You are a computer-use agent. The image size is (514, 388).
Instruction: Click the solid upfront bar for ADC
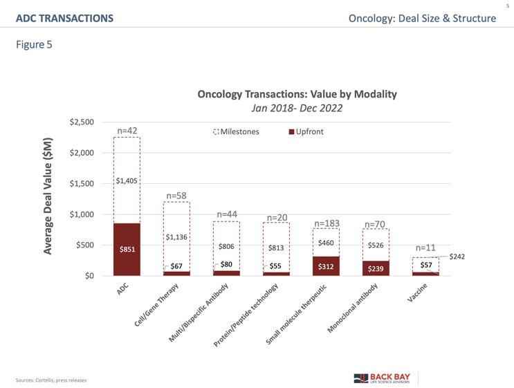click(127, 250)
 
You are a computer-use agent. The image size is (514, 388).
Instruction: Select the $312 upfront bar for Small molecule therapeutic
click(325, 266)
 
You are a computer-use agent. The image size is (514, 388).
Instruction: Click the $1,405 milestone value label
click(127, 181)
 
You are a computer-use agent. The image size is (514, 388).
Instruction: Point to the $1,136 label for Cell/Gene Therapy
click(176, 238)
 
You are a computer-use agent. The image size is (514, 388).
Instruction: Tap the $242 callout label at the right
click(458, 257)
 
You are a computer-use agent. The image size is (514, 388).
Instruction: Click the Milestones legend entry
click(237, 131)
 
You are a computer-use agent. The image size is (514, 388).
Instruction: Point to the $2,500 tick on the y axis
click(82, 122)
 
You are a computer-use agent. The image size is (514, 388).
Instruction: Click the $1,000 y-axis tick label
click(82, 214)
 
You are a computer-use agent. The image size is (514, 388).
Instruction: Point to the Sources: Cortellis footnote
click(52, 380)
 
